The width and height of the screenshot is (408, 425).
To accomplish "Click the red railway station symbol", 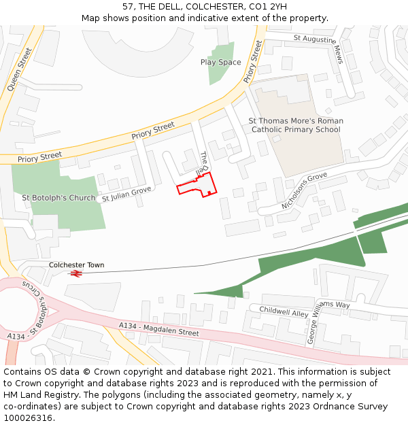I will pyautogui.click(x=75, y=273).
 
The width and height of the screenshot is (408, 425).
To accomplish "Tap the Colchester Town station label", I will pyautogui.click(x=76, y=265).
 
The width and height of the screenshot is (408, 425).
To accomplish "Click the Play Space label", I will pyautogui.click(x=220, y=63).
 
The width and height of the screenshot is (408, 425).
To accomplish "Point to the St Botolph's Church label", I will pyautogui.click(x=58, y=198).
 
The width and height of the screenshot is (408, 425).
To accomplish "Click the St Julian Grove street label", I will pyautogui.click(x=126, y=194).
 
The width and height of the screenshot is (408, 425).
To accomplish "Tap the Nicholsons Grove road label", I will pyautogui.click(x=304, y=191).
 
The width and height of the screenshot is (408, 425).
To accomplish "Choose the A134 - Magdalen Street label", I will pyautogui.click(x=158, y=330).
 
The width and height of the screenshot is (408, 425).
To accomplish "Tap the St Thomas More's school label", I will pyautogui.click(x=295, y=125).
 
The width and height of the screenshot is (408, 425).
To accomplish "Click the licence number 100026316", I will pyautogui.click(x=28, y=418).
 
